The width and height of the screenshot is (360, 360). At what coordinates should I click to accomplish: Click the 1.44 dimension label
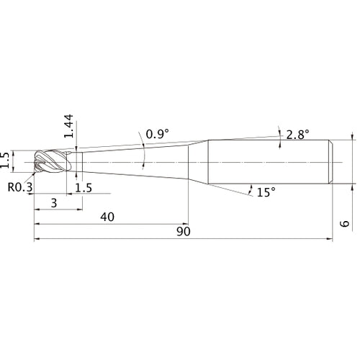[x=68, y=126]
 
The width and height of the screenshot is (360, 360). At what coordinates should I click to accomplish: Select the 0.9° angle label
[x=157, y=134]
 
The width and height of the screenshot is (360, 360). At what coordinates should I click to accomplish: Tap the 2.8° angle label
[x=297, y=135]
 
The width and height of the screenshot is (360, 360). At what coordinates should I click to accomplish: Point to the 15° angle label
[x=266, y=192]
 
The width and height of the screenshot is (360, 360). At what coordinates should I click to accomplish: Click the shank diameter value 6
[x=345, y=223]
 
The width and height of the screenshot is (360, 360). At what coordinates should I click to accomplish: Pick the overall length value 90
[x=184, y=231]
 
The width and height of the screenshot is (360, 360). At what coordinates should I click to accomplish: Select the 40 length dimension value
[x=107, y=217]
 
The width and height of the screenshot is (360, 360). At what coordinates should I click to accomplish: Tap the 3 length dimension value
[x=54, y=203]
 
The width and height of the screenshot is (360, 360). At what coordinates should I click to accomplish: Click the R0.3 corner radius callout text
[x=20, y=187]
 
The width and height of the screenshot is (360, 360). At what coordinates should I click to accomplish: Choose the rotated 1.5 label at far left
[x=4, y=160]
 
